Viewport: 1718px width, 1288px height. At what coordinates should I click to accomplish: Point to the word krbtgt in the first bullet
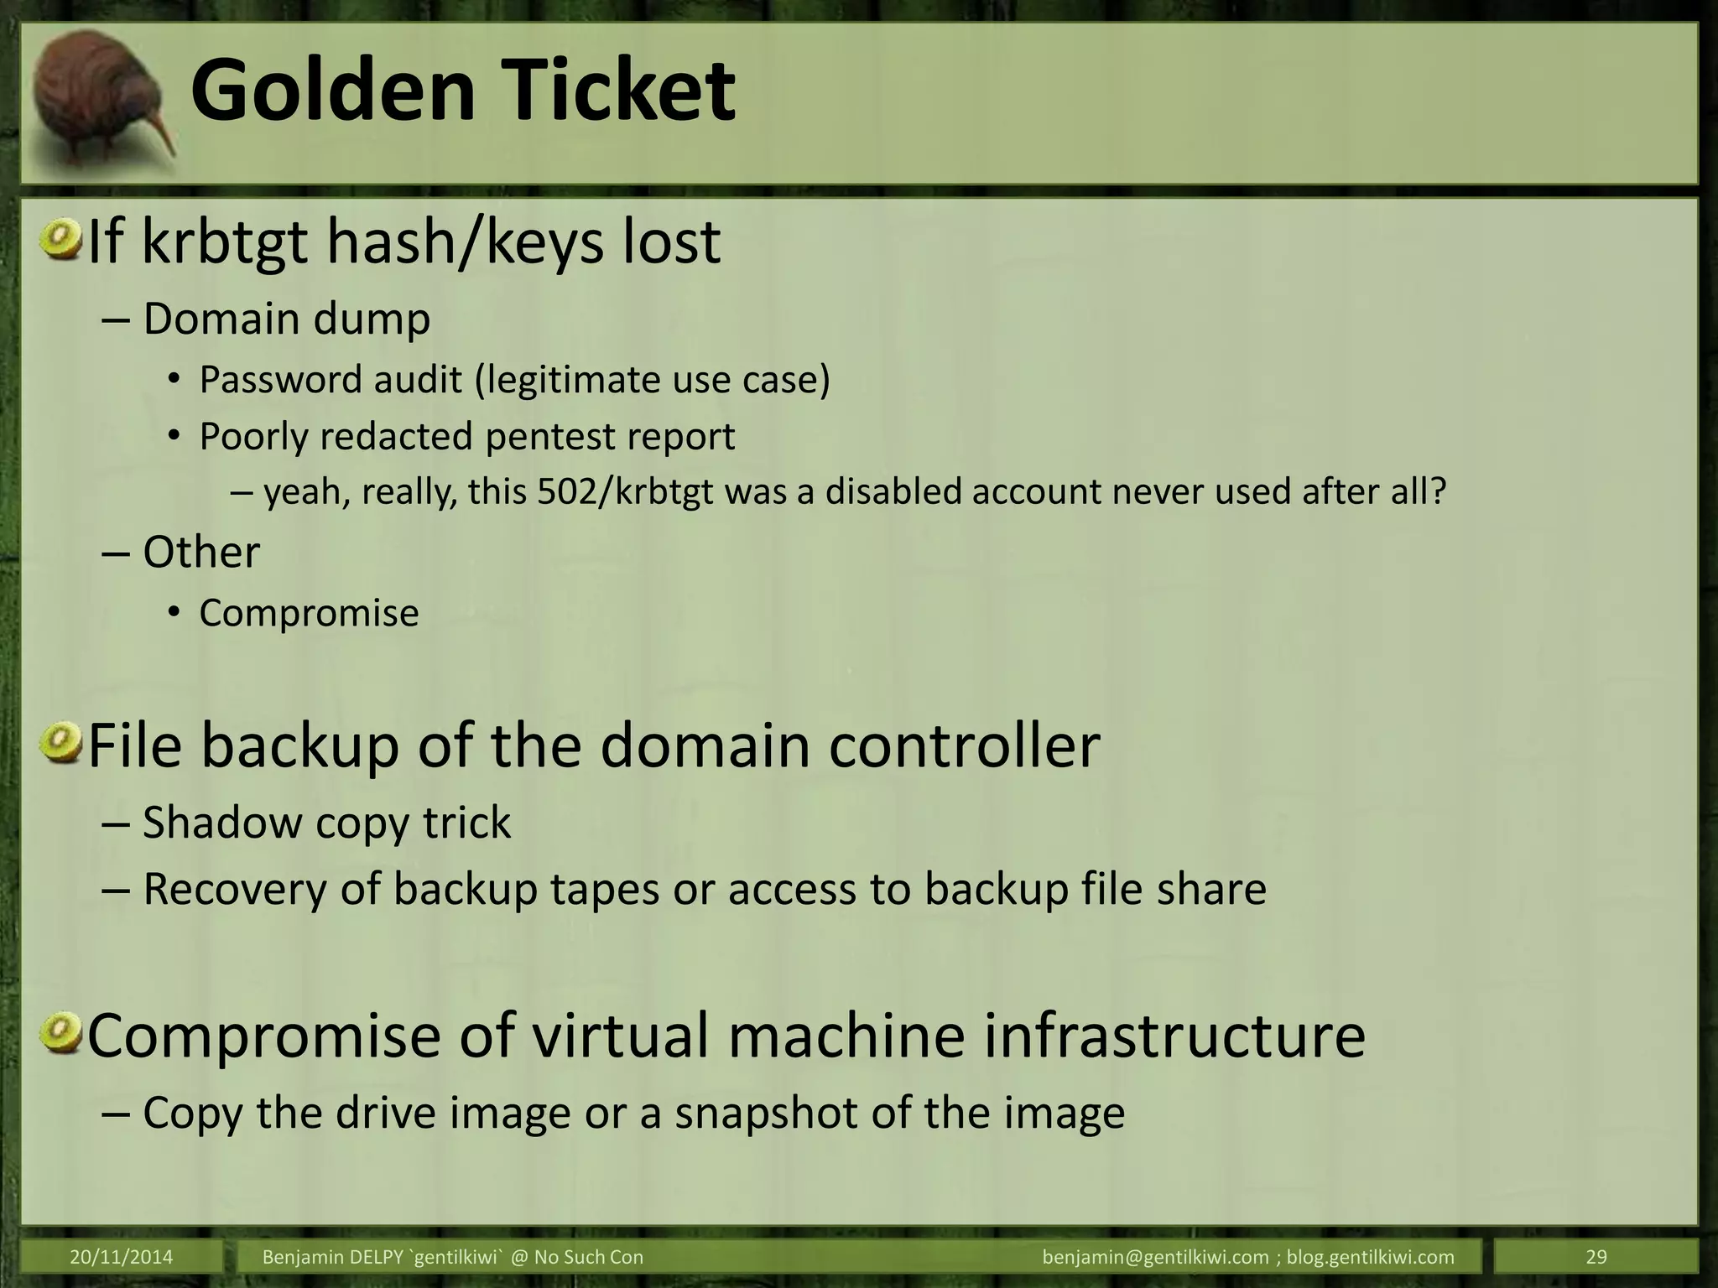pyautogui.click(x=226, y=242)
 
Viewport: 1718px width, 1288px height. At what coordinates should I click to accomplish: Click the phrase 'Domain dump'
pyautogui.click(x=286, y=319)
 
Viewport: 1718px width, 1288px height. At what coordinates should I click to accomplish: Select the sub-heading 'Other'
pyautogui.click(x=201, y=553)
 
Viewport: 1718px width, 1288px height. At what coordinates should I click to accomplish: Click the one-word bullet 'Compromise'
pyautogui.click(x=309, y=613)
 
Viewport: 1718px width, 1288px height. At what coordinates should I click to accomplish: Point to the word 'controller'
pyautogui.click(x=964, y=745)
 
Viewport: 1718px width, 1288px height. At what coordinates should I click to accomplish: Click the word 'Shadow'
pyautogui.click(x=222, y=823)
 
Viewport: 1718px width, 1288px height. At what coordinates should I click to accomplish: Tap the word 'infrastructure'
pyautogui.click(x=1174, y=1036)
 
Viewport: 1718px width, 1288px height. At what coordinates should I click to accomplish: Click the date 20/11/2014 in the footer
pyautogui.click(x=122, y=1257)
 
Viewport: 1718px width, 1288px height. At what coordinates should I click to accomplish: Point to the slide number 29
pyautogui.click(x=1596, y=1257)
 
